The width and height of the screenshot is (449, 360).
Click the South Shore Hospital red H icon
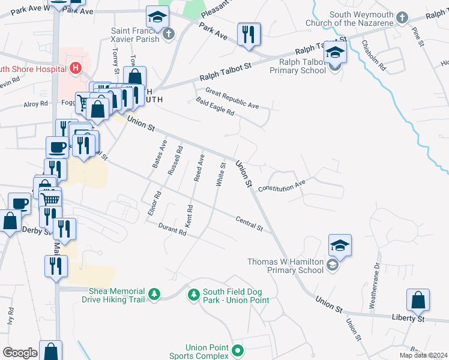pos(75,68)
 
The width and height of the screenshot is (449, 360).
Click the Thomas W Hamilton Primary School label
pos(286,266)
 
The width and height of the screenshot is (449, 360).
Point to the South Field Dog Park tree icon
pos(193,295)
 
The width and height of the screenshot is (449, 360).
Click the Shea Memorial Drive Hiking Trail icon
pos(155,294)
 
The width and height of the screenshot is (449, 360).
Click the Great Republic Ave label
pos(232,98)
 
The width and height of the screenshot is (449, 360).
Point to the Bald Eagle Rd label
pos(214,107)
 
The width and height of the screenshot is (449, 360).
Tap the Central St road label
pos(249,224)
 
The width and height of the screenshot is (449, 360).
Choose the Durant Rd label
pos(173,230)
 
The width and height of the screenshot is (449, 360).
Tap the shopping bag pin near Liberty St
pos(418,301)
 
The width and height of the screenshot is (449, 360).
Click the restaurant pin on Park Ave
pos(249,34)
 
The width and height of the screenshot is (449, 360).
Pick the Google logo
pos(19,353)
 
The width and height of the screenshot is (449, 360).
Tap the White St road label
pos(221,174)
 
